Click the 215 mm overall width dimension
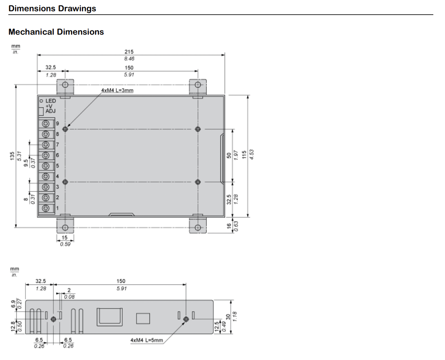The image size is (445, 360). pyautogui.click(x=129, y=52)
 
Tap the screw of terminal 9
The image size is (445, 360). pyautogui.click(x=46, y=124)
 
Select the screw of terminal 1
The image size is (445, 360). pyautogui.click(x=46, y=208)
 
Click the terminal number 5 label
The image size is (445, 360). pyautogui.click(x=57, y=166)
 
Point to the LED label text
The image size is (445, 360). pyautogui.click(x=51, y=101)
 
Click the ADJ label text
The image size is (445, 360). pyautogui.click(x=51, y=111)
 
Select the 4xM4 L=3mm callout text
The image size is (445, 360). pyautogui.click(x=117, y=90)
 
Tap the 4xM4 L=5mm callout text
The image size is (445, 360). pyautogui.click(x=147, y=340)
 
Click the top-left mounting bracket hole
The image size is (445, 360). pyautogui.click(x=65, y=85)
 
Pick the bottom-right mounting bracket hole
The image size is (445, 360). pyautogui.click(x=198, y=228)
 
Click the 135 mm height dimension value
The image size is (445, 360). pyautogui.click(x=12, y=156)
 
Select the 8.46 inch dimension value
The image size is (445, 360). pyautogui.click(x=129, y=59)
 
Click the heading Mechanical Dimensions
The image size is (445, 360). pyautogui.click(x=56, y=32)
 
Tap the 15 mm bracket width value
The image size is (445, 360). pyautogui.click(x=65, y=238)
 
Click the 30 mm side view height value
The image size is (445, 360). pyautogui.click(x=228, y=317)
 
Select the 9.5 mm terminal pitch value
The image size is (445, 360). pyautogui.click(x=26, y=163)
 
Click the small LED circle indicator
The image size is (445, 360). pyautogui.click(x=41, y=101)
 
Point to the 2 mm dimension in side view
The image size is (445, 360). pyautogui.click(x=69, y=290)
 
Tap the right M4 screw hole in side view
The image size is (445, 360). pyautogui.click(x=186, y=319)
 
